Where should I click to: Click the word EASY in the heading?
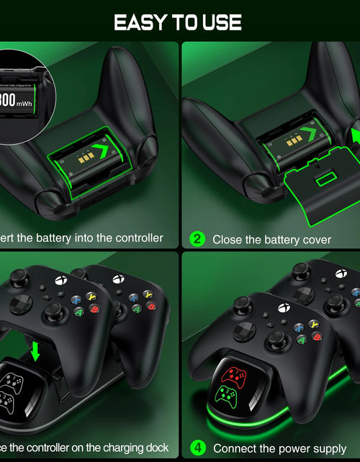[141, 22]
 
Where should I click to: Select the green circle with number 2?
[197, 239]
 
